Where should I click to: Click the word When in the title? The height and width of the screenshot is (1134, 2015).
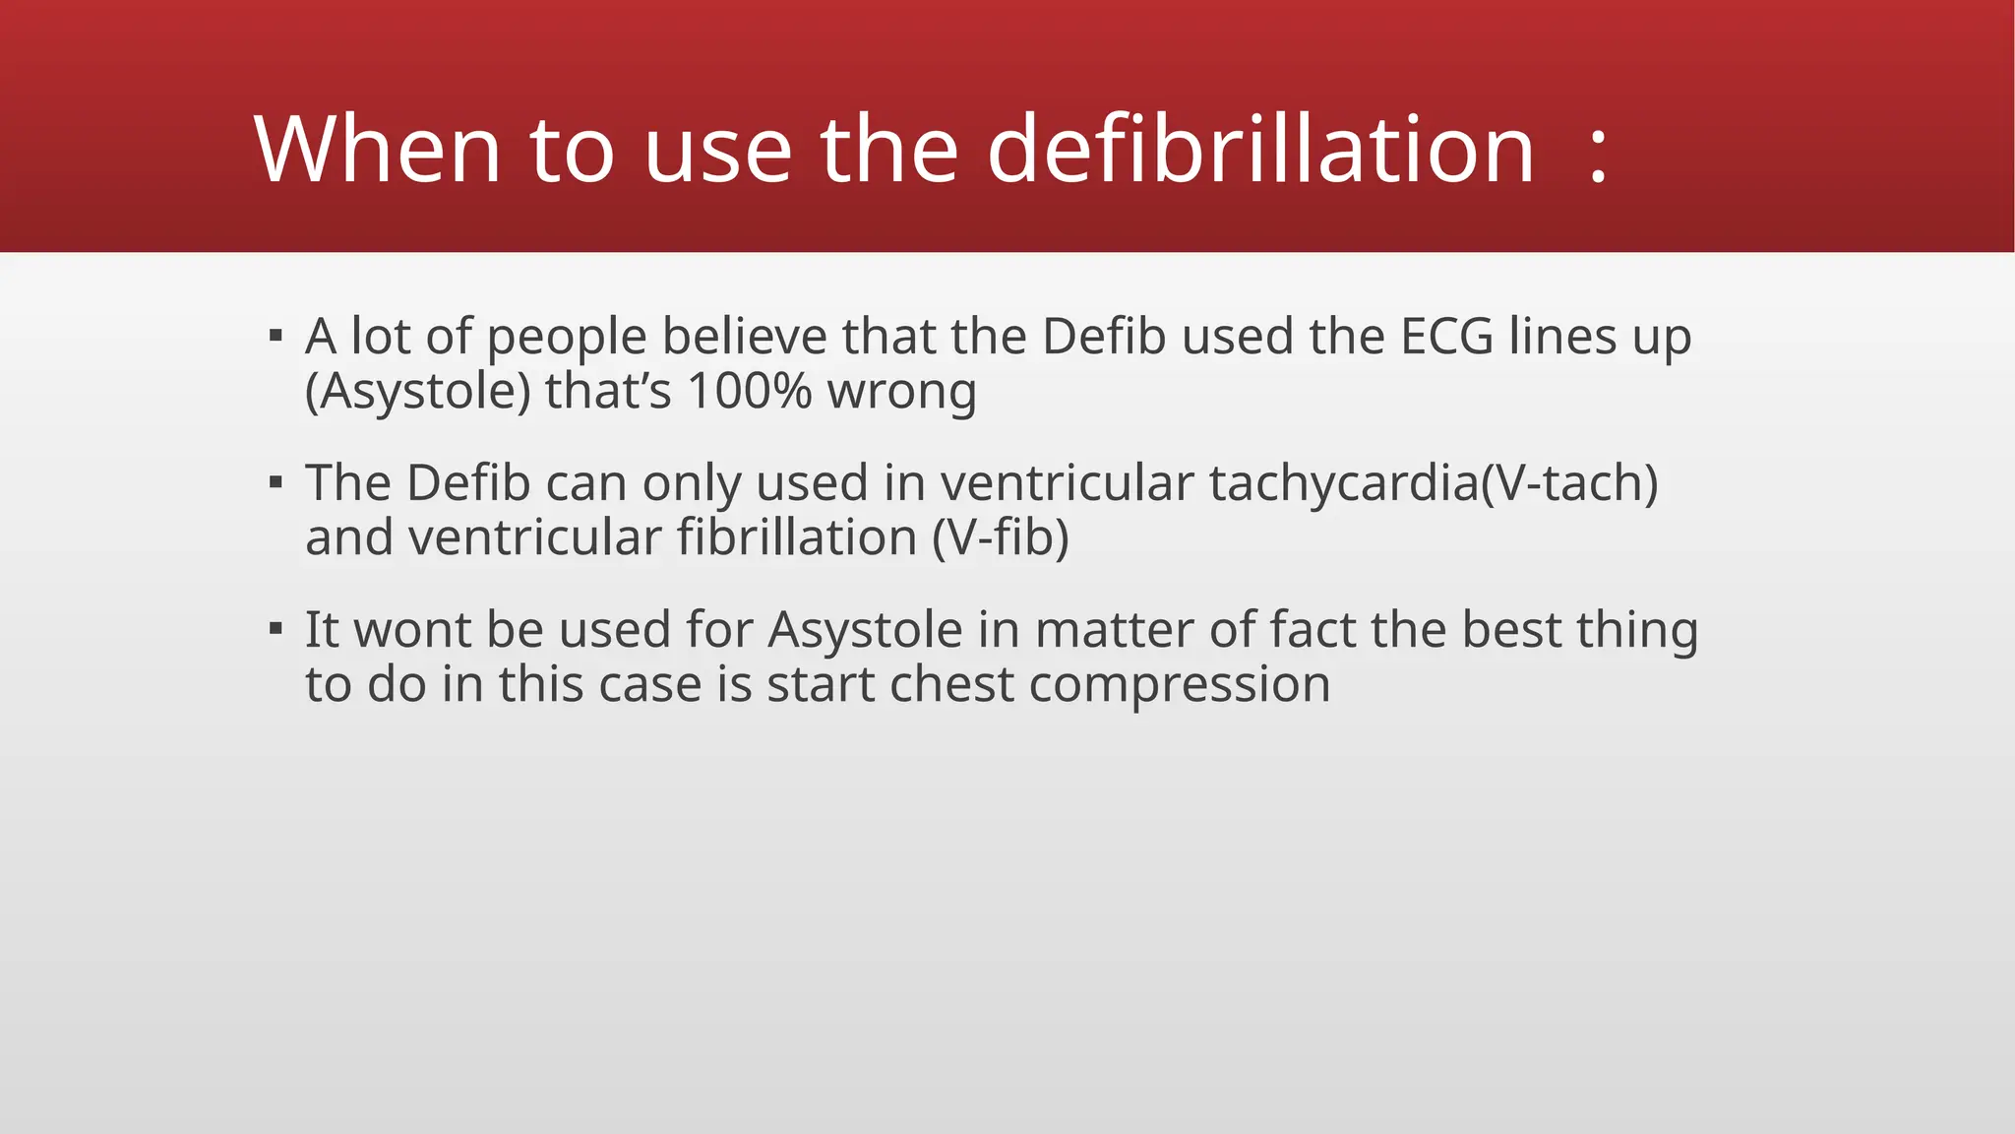coord(378,150)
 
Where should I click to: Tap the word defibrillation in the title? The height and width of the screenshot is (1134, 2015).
coord(1260,150)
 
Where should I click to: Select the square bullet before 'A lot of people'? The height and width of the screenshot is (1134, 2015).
coord(276,337)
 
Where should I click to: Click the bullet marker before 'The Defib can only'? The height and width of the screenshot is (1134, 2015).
coord(276,483)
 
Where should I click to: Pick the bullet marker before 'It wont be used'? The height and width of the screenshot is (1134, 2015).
coord(276,629)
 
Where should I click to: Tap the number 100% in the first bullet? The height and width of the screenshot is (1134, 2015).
coord(750,391)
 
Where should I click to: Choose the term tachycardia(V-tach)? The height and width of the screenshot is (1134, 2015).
coord(1434,483)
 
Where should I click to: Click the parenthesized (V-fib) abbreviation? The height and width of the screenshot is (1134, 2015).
coord(1001,537)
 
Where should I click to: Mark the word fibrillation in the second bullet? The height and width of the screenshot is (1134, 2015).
coord(797,537)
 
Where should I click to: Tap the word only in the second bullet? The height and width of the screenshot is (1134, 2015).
coord(691,484)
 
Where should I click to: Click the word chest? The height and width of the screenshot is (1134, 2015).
coord(951,684)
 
